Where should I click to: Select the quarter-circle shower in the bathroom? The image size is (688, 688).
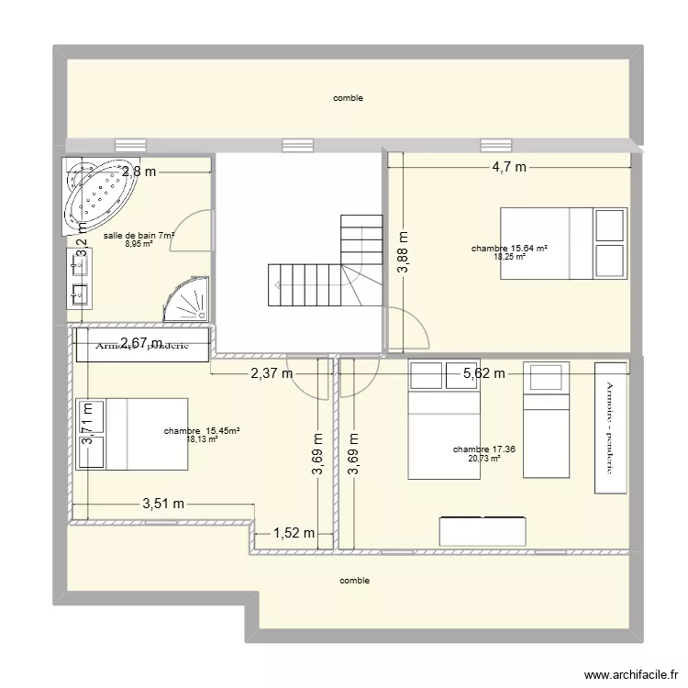pos(187,300)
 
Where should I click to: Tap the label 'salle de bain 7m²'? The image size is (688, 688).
pos(139,236)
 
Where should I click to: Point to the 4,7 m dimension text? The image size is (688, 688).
pos(509,167)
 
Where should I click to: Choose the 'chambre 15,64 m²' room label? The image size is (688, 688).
pos(509,249)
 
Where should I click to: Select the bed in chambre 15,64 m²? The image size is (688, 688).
pos(562,242)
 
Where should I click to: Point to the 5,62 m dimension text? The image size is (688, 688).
pos(484,372)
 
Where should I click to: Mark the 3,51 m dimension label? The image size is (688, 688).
pos(164,504)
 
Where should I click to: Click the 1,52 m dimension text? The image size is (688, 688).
pos(294,533)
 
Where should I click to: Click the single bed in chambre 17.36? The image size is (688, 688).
pos(546,420)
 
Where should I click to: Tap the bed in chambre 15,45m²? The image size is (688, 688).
pos(132,434)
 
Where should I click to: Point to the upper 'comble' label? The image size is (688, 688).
pos(348,98)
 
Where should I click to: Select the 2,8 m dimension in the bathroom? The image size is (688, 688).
pos(139,171)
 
